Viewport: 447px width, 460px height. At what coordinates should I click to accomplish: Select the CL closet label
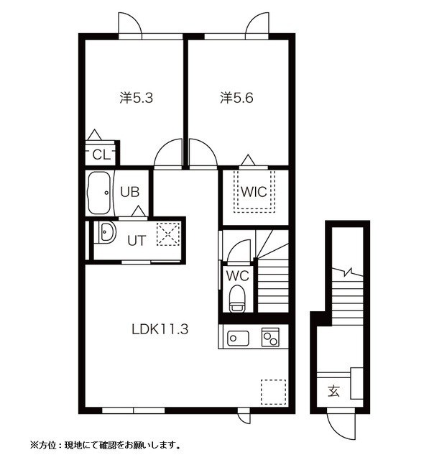(101, 154)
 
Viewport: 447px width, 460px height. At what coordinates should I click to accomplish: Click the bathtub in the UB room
(98, 192)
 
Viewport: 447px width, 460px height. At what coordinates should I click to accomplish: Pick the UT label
(137, 241)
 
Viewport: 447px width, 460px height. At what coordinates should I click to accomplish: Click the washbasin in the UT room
(106, 233)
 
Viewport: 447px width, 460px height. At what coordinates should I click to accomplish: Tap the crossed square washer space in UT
(168, 234)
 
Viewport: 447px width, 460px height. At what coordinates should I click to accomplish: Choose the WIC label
(254, 192)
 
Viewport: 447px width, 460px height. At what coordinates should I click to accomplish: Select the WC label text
(236, 275)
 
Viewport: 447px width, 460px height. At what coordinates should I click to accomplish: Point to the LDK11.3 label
(160, 330)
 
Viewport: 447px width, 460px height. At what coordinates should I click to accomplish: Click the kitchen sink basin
(237, 336)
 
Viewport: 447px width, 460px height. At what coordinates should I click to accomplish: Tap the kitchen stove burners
(271, 336)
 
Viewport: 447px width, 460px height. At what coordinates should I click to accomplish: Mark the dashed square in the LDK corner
(272, 391)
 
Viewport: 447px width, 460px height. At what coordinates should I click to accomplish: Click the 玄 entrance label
(333, 391)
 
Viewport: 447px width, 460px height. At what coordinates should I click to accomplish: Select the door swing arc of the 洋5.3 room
(168, 153)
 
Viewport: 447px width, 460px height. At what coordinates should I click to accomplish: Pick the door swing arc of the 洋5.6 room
(203, 153)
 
